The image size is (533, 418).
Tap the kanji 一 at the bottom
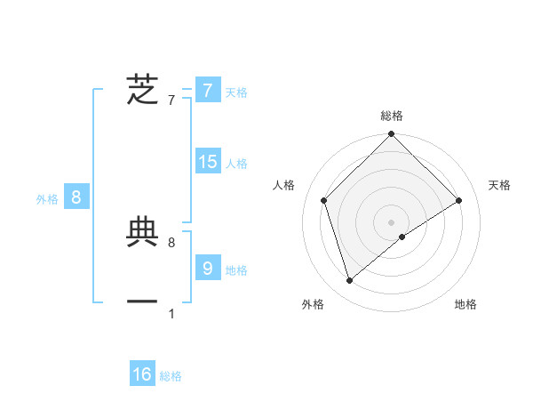point(142,302)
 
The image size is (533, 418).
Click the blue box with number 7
point(207,90)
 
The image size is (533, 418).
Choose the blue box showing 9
point(207,268)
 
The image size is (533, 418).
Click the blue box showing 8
point(76,197)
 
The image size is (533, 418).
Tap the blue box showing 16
point(142,374)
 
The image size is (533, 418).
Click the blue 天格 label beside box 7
point(236,92)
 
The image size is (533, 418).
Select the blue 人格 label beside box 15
point(236,164)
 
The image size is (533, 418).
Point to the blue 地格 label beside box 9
point(236,270)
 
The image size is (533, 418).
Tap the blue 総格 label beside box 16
point(171,377)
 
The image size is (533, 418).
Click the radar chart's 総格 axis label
point(391,116)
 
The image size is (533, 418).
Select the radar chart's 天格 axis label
point(499,185)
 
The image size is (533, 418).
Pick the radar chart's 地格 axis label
point(465,304)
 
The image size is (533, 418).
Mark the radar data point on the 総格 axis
point(391,135)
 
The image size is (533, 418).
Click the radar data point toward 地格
point(402,237)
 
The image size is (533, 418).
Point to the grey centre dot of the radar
point(391,221)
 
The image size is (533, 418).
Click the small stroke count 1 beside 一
point(171,313)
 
